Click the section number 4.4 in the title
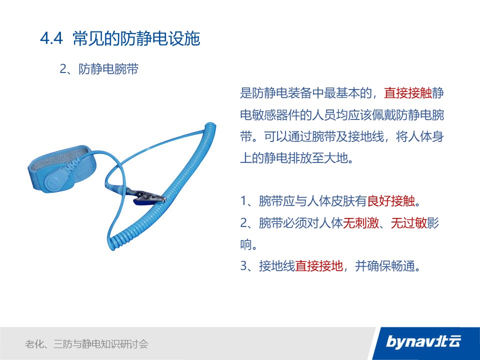pos(51,38)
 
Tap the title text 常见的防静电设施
pos(136,38)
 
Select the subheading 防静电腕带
pos(108,69)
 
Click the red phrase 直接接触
pos(408,93)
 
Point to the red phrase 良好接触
pos(391,201)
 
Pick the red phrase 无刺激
pos(361,223)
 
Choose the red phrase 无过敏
pos(409,223)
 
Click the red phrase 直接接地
pos(319,265)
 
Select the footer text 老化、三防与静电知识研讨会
pos(86,344)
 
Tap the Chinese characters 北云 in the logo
pos(449,341)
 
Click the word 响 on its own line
pos(246,244)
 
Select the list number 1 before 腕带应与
pos(243,201)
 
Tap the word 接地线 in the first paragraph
pos(365,136)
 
